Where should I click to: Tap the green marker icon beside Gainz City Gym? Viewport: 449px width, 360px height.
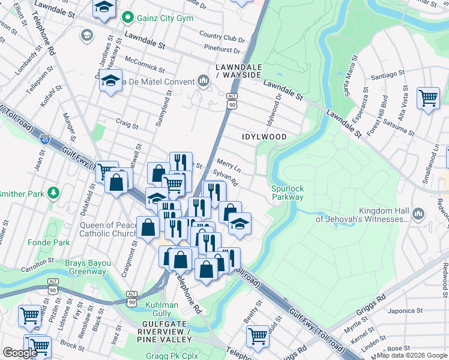[x=127, y=18]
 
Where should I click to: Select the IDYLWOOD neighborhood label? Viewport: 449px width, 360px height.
[x=264, y=137]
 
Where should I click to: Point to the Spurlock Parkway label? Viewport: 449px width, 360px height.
[x=288, y=193]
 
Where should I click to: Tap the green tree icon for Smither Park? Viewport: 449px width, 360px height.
[x=54, y=193]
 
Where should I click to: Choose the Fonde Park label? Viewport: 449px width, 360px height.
[x=49, y=243]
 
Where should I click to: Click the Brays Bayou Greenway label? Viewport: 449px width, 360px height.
[x=85, y=267]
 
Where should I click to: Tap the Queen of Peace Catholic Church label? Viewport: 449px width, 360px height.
[x=108, y=230]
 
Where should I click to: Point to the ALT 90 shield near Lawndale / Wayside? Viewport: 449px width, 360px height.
[x=232, y=101]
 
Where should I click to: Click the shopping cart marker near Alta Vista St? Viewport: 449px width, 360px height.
[x=428, y=97]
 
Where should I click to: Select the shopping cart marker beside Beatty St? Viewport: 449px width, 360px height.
[x=258, y=335]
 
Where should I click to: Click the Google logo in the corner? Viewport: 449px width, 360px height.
[x=20, y=353]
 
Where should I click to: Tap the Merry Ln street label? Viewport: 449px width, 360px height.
[x=229, y=163]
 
